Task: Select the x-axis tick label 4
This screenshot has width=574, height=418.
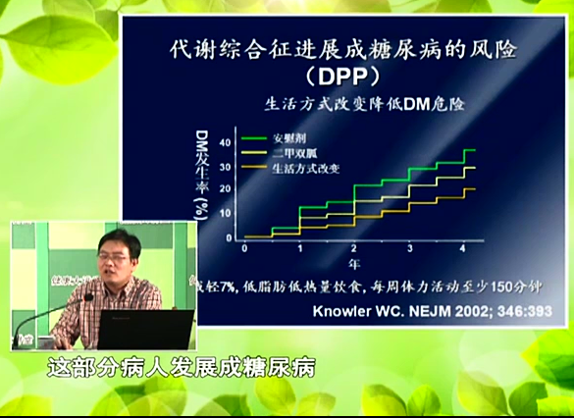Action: pos(462,248)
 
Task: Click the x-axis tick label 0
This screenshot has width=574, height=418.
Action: pos(244,248)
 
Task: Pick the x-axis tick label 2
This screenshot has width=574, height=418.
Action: pos(353,248)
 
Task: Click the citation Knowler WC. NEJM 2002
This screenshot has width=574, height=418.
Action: pos(430,311)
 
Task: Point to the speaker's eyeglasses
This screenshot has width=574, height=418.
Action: pos(116,253)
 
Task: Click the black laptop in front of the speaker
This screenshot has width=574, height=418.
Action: pos(146,329)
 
